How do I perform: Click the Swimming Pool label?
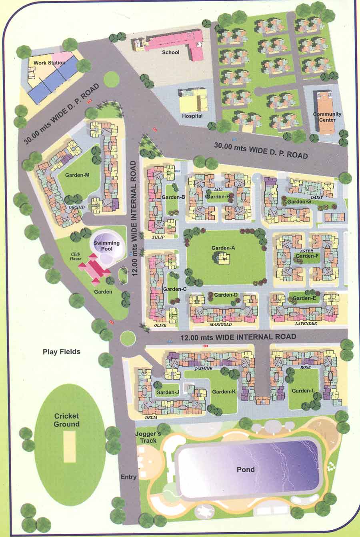(106, 246)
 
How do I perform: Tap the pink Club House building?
(94, 268)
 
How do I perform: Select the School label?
(170, 52)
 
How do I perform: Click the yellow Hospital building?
(193, 100)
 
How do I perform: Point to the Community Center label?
(327, 117)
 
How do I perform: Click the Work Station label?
(49, 63)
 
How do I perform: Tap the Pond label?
(246, 469)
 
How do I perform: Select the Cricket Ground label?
(67, 420)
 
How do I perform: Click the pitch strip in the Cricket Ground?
(70, 447)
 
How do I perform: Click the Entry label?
(128, 477)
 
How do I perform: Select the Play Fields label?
(62, 351)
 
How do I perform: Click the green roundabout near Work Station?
(112, 80)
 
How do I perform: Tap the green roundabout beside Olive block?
(128, 338)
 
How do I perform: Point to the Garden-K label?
(224, 391)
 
